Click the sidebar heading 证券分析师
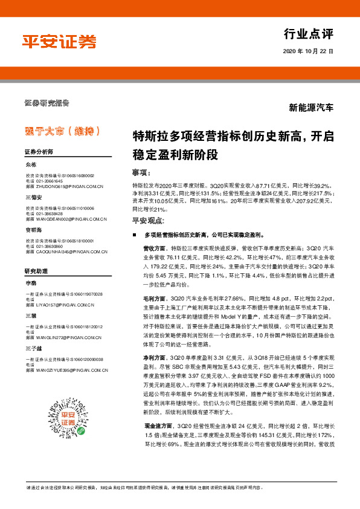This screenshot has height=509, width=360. [x=39, y=151]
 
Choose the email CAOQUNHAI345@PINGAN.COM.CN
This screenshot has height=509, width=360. [x=71, y=251]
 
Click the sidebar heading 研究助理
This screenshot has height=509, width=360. [x=36, y=271]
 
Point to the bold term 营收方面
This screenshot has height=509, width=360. [x=155, y=248]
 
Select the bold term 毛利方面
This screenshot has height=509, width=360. [x=155, y=299]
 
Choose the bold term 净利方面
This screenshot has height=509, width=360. [x=155, y=358]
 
